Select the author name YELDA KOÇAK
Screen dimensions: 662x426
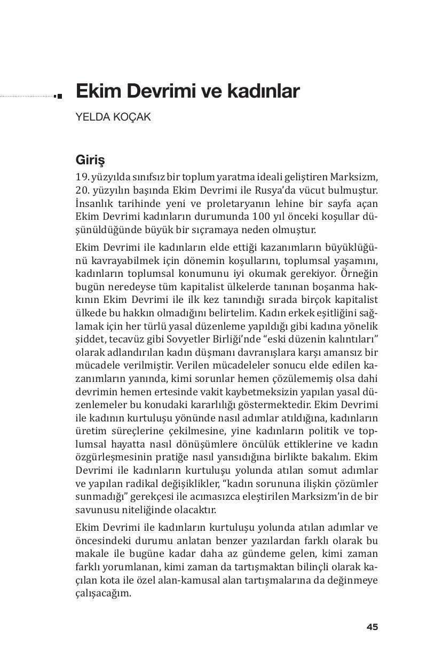tap(113, 117)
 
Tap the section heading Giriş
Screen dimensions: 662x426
tap(90, 160)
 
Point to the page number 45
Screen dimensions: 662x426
tap(372, 627)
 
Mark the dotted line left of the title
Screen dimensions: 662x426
tap(27, 97)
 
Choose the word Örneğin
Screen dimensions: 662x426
tap(359, 273)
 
